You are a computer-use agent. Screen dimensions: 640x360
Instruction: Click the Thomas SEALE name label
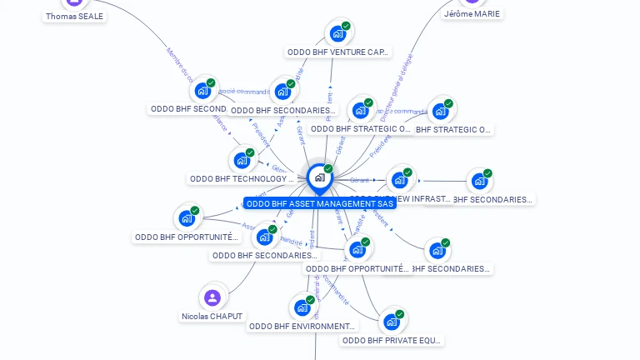click(x=75, y=16)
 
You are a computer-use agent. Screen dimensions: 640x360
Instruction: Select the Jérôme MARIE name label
click(x=472, y=13)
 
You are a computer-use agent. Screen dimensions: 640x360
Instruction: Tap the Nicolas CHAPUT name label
click(x=212, y=316)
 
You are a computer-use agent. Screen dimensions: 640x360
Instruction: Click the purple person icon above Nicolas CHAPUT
click(x=212, y=297)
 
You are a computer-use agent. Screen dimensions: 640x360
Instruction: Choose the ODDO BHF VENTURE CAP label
click(x=337, y=52)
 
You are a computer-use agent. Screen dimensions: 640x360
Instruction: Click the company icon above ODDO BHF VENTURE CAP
click(x=337, y=33)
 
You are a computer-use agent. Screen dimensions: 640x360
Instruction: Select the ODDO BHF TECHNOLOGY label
click(x=242, y=178)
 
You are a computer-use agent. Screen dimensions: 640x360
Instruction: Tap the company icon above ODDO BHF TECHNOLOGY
click(x=242, y=160)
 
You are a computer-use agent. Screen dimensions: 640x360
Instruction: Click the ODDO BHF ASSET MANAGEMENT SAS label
click(x=320, y=203)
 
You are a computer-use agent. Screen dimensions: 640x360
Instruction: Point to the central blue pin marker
click(x=319, y=177)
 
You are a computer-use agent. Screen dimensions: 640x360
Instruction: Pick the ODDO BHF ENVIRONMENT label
click(x=302, y=326)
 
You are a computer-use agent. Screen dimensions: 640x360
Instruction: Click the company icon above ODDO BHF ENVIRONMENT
click(x=302, y=307)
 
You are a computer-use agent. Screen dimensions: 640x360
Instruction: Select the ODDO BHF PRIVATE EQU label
click(x=392, y=340)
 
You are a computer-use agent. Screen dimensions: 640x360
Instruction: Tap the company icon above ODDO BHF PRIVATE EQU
click(x=391, y=322)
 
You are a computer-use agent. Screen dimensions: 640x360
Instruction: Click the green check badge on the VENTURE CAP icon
click(x=346, y=26)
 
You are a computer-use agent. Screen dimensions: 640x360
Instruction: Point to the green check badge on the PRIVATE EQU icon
click(x=399, y=314)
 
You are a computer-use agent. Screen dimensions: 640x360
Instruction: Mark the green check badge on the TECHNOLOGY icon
click(x=250, y=152)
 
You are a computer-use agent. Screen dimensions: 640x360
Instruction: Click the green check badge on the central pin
click(x=328, y=169)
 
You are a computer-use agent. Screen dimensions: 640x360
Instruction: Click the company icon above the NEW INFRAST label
click(x=400, y=179)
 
